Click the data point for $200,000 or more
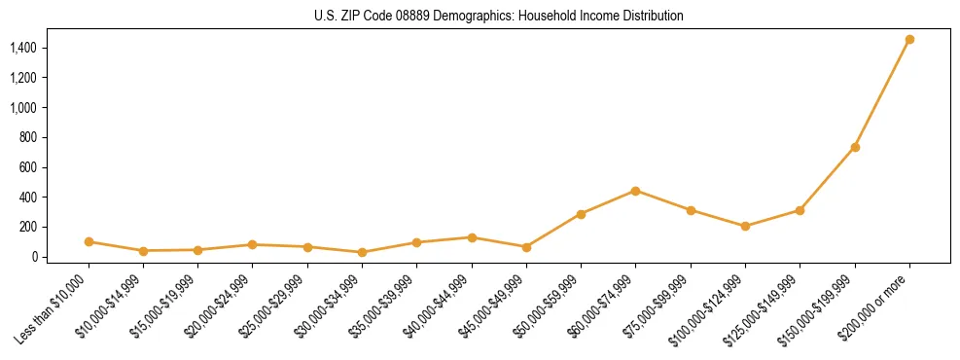909,40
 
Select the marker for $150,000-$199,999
855,147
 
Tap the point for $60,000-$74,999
635,191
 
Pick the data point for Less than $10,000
89,241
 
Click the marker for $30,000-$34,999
362,252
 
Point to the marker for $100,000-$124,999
745,226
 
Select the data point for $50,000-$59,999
581,214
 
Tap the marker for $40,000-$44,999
472,237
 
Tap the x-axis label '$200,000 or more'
876,304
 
